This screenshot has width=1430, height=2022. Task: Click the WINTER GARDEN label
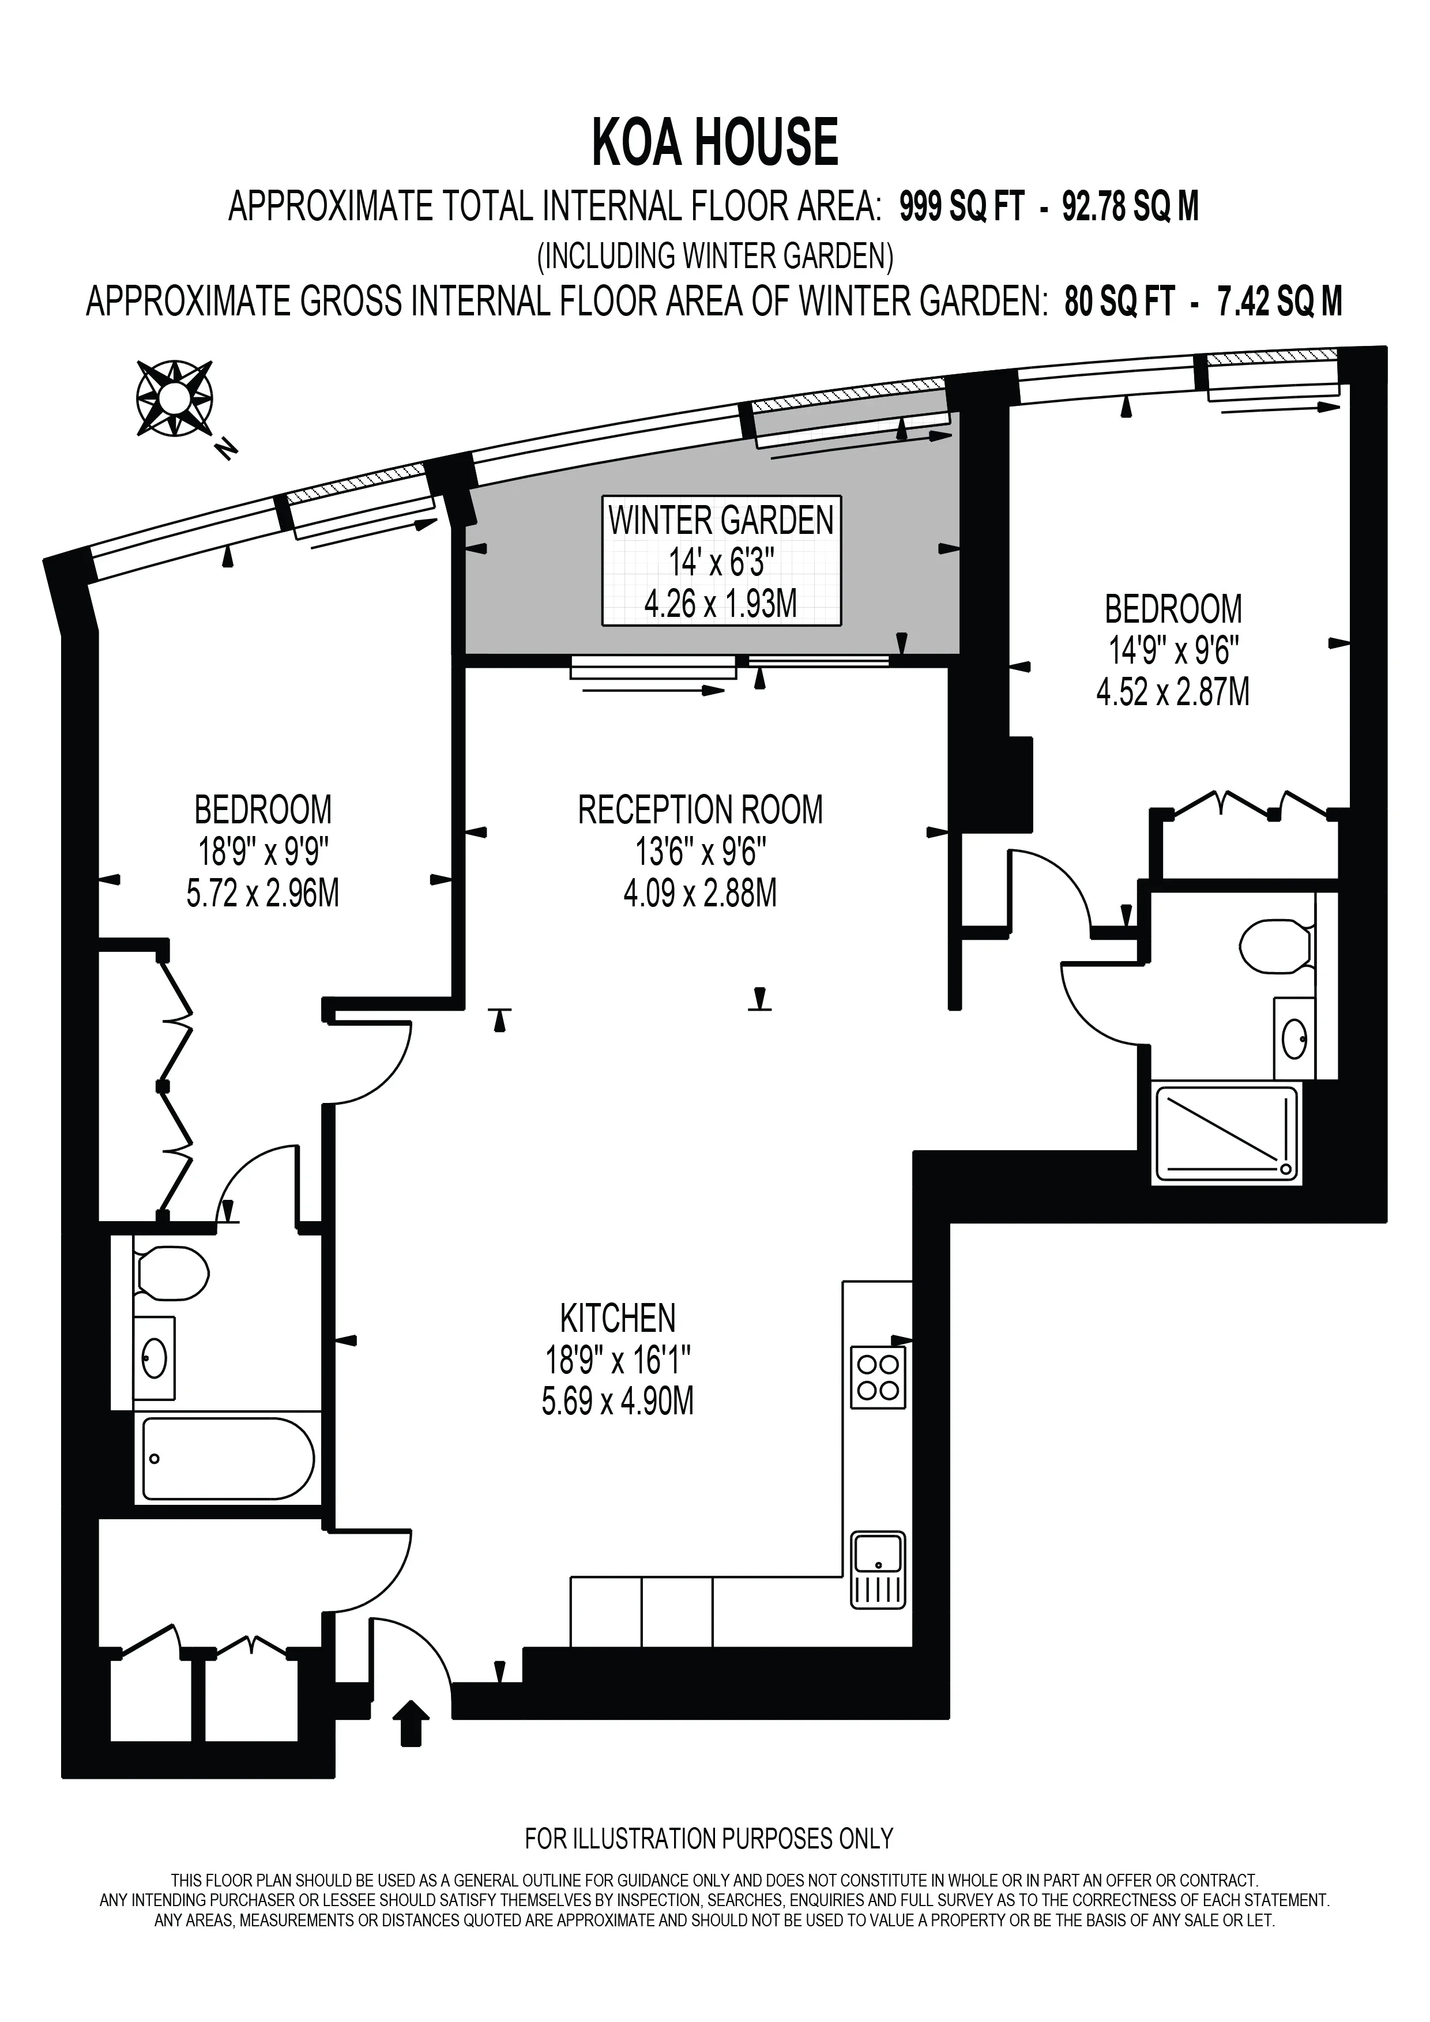[x=721, y=521]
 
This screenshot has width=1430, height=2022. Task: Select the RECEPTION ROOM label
[x=700, y=809]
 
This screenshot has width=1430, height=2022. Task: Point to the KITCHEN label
[x=618, y=1319]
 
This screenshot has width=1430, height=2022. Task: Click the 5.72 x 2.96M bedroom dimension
[x=262, y=893]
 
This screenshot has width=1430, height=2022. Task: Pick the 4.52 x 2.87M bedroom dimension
[x=1173, y=692]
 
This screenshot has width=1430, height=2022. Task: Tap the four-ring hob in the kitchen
[x=878, y=1377]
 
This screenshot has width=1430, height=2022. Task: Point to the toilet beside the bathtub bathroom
[x=172, y=1272]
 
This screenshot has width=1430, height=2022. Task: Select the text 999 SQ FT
[x=962, y=207]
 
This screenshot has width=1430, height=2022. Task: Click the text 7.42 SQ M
[x=1280, y=302]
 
